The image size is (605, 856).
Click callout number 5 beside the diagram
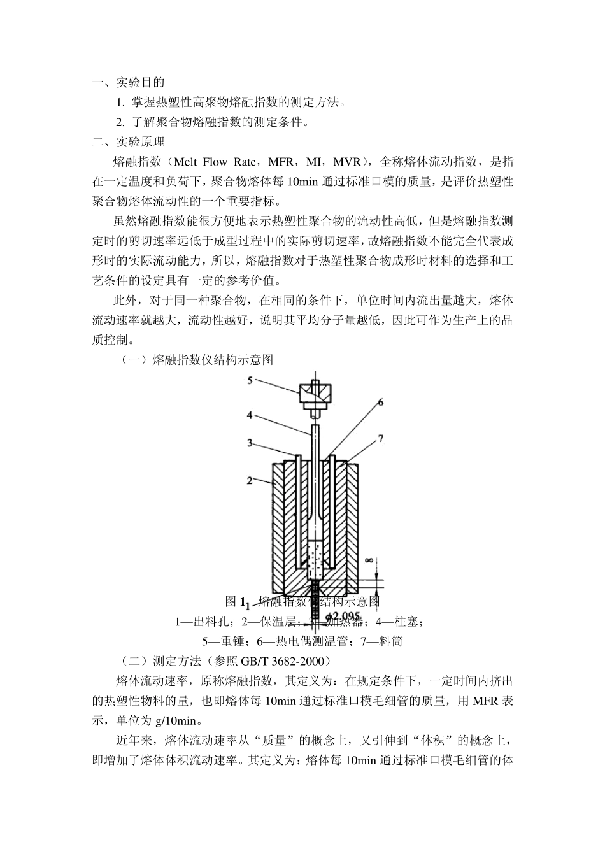(250, 380)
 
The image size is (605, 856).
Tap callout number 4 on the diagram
(250, 415)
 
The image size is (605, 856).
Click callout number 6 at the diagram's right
(380, 402)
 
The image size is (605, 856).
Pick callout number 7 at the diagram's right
(380, 438)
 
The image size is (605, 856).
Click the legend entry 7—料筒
(381, 641)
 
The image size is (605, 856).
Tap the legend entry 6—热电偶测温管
(299, 641)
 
